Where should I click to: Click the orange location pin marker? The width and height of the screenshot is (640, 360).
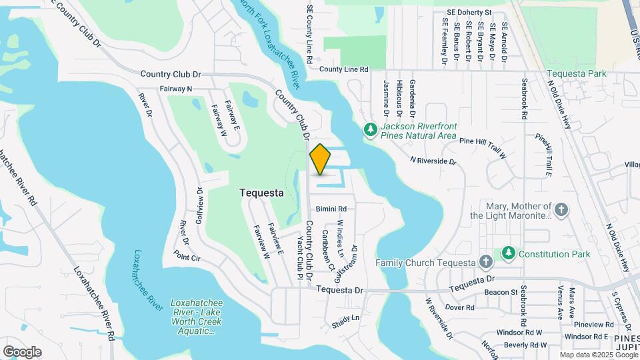point(320,159)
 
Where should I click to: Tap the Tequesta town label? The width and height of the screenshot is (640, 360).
point(261,193)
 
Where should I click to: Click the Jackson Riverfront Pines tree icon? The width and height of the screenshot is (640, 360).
point(371,131)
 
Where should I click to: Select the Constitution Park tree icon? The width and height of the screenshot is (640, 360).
point(509,254)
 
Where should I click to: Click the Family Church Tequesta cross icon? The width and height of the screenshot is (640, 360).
point(487,262)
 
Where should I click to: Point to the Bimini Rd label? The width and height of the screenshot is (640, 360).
point(331,209)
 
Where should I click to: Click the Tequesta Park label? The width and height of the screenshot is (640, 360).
point(577,73)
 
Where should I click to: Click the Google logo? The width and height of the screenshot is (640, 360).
point(22,352)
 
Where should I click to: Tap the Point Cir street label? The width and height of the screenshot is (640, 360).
point(187,255)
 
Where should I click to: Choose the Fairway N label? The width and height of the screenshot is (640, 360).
point(176,89)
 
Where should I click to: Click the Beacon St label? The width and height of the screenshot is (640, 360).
point(501,292)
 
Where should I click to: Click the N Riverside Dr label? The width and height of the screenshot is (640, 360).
point(433,161)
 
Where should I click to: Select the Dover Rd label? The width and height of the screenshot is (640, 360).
point(459,307)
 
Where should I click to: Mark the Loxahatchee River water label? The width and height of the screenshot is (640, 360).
point(147,280)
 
